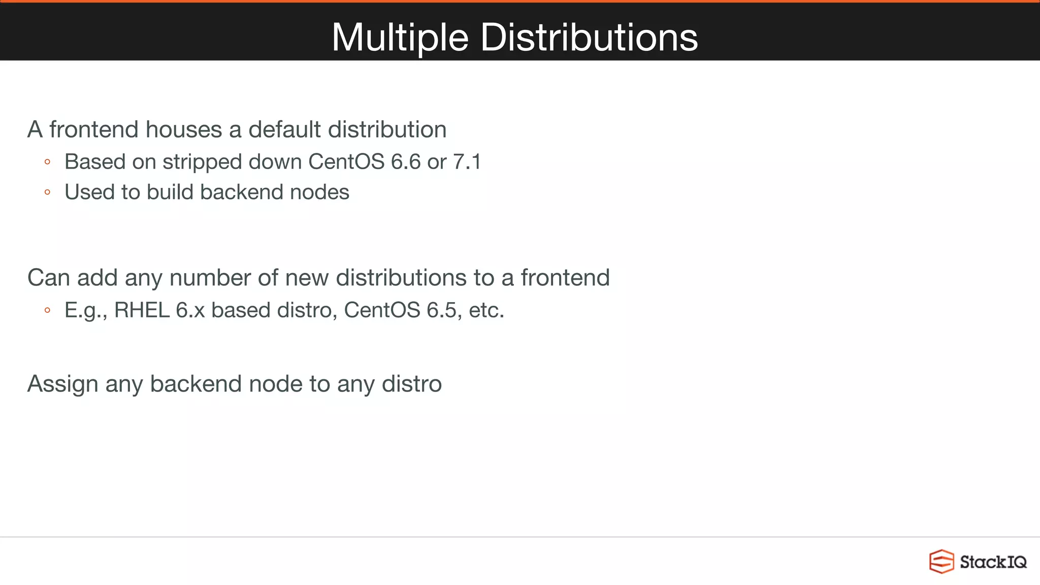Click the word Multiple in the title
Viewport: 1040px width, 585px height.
400,38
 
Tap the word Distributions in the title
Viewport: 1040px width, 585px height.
589,38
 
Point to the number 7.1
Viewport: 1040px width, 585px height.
467,162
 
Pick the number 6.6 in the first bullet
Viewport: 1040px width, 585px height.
406,162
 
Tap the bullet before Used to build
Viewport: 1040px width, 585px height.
47,192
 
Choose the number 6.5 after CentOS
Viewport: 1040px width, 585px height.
442,310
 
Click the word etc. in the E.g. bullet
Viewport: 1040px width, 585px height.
486,310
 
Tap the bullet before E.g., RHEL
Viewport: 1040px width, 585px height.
47,310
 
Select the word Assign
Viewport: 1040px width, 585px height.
62,384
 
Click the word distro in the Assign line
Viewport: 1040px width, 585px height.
411,384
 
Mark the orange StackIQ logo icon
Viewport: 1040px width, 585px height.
941,562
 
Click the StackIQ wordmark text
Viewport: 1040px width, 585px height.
993,562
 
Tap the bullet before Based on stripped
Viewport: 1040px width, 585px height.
47,162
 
